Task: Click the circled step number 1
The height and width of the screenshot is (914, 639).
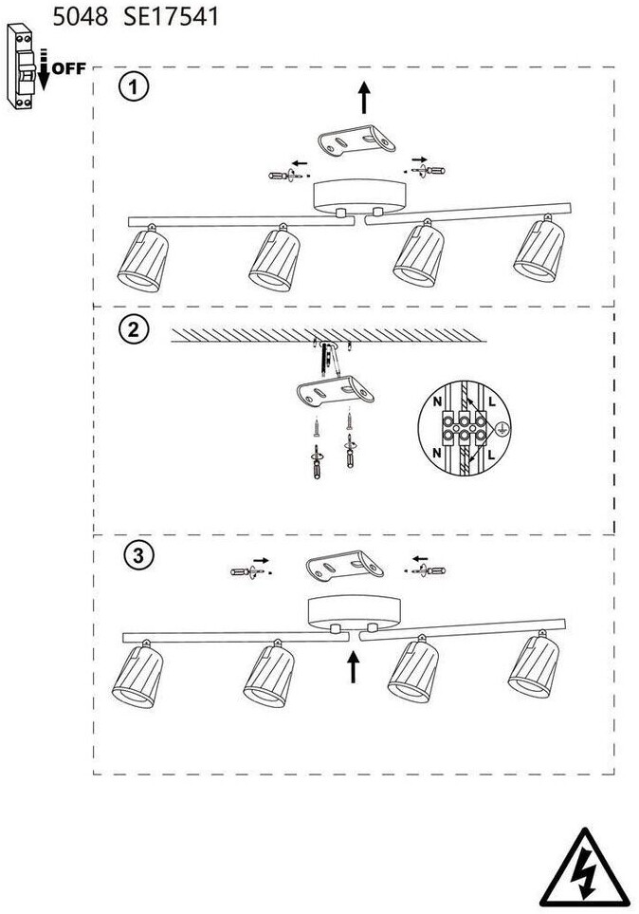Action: [x=135, y=88]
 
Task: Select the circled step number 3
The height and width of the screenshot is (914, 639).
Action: [x=138, y=557]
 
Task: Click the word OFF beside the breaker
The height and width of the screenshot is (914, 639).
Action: [x=68, y=68]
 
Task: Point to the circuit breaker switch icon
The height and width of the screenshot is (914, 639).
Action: [x=24, y=67]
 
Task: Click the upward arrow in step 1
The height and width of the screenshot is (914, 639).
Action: [x=363, y=97]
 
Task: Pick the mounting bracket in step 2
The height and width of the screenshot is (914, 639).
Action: [x=336, y=390]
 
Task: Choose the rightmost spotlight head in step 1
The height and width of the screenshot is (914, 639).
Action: [x=539, y=250]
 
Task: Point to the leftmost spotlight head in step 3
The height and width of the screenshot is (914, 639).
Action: [x=137, y=677]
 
